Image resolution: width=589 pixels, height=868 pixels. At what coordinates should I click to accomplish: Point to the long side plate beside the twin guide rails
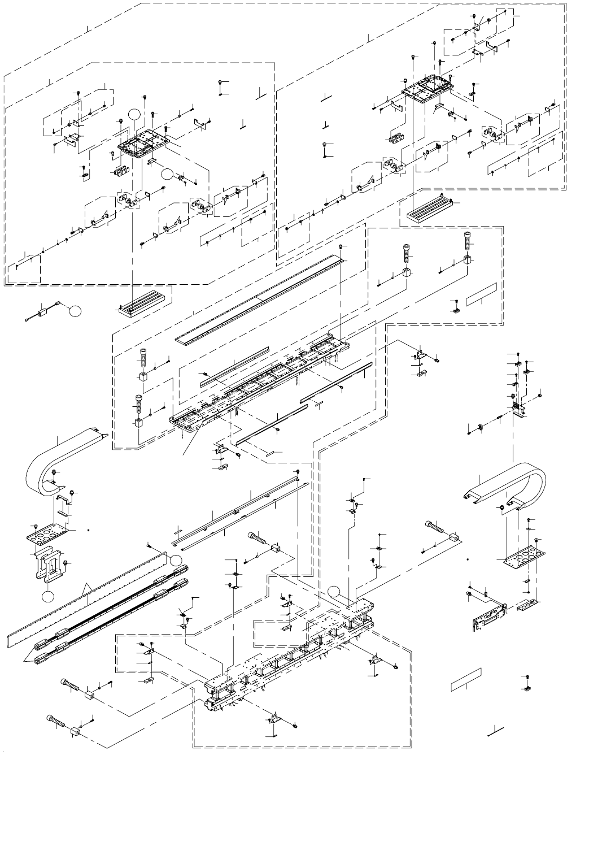[85, 599]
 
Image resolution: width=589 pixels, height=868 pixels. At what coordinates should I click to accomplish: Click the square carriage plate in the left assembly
[143, 144]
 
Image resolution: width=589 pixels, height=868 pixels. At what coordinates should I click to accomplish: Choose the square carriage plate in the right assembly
[427, 88]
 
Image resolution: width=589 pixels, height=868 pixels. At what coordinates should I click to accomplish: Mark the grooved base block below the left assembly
[145, 303]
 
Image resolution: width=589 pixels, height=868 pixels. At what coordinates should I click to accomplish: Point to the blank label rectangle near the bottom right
[466, 680]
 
